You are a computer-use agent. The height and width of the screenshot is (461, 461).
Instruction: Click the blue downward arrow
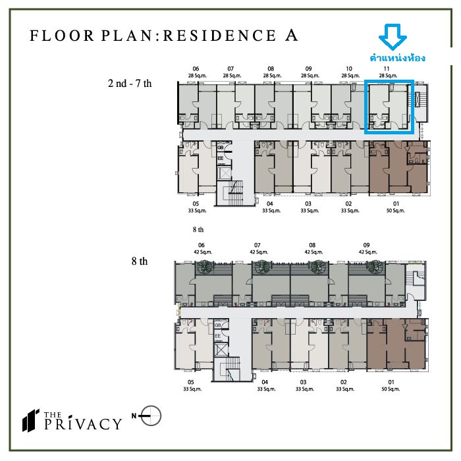[x=393, y=37]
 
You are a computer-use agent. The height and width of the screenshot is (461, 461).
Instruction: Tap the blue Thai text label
[x=398, y=58]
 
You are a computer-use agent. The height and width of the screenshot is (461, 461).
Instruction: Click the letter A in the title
[x=291, y=36]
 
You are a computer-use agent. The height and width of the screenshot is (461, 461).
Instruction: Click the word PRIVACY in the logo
[x=83, y=423]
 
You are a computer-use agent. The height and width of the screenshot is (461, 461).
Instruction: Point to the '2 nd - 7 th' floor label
[x=130, y=84]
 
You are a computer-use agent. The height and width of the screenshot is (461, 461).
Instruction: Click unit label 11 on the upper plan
[x=387, y=68]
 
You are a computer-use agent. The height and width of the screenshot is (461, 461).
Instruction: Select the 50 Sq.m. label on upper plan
[x=396, y=211]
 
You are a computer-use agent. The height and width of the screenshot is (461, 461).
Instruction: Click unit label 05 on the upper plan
[x=196, y=203]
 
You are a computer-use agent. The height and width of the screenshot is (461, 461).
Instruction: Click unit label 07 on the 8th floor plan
[x=258, y=245]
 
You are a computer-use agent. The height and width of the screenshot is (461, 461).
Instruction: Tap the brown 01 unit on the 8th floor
[x=396, y=344]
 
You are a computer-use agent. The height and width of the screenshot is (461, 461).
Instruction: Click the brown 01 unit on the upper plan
[x=398, y=167]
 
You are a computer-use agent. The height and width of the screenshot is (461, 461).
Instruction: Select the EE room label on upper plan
[x=221, y=158]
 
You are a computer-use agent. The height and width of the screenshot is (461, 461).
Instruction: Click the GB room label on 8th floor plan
[x=218, y=325]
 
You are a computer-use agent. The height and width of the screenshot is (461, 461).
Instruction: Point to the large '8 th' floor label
[x=140, y=261]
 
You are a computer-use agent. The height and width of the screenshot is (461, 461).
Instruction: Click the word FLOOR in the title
[x=62, y=36]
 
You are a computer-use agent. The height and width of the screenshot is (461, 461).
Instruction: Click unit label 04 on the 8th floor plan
[x=265, y=382]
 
